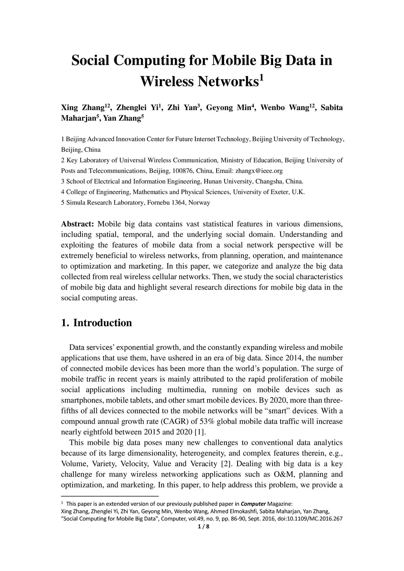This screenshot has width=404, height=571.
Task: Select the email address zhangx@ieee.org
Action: pos(259,171)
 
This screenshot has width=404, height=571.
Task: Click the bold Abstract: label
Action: pos(77,224)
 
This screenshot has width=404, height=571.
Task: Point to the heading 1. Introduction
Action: pos(97,323)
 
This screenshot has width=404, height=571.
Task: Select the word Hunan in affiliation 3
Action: pos(213,181)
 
